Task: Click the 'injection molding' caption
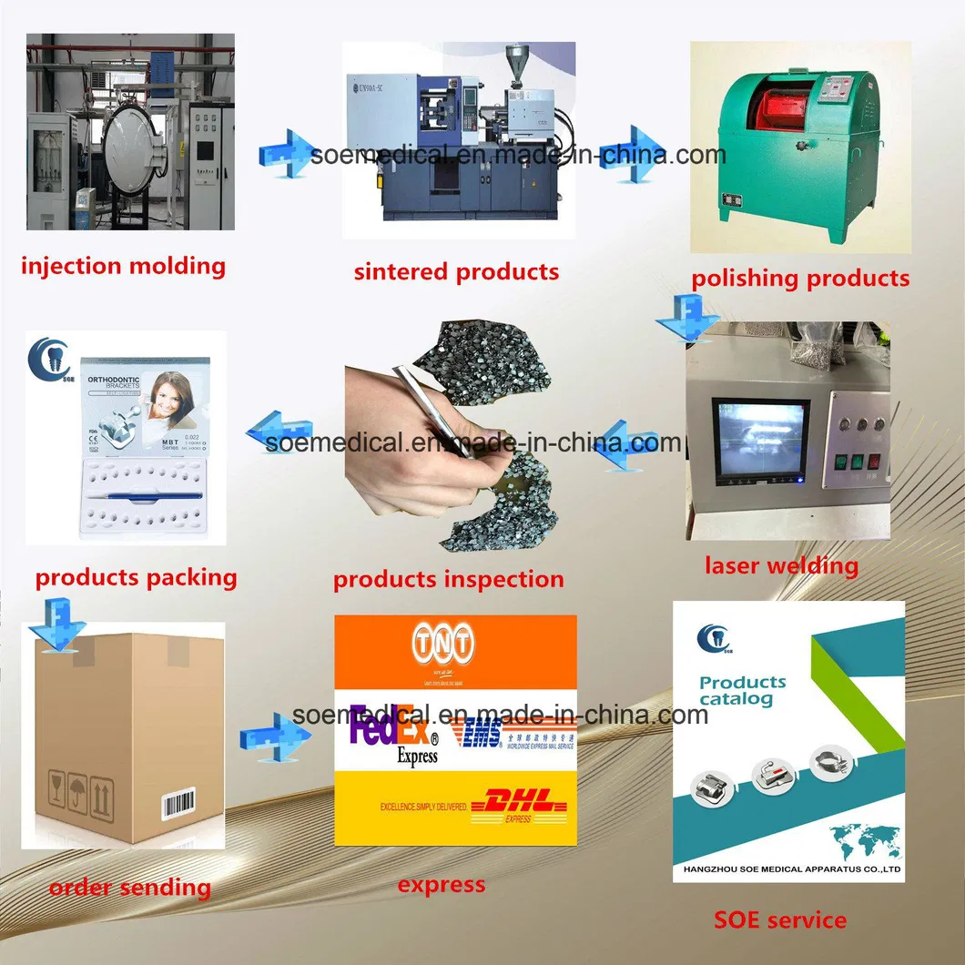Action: [123, 266]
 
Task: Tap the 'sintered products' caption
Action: [456, 271]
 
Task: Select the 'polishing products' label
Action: [800, 279]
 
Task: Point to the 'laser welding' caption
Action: [781, 565]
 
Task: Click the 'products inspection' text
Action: [448, 579]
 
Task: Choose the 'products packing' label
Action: [136, 577]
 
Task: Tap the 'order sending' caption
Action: [129, 888]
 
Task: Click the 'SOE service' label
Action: [780, 920]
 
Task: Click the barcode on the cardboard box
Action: [178, 804]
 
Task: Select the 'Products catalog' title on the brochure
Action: [742, 690]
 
